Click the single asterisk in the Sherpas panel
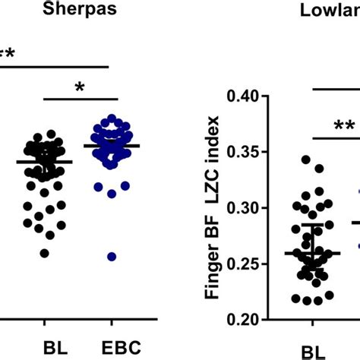(81, 88)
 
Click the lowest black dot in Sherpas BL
(44, 253)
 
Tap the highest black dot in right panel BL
(306, 159)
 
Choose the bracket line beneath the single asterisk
(81, 99)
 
